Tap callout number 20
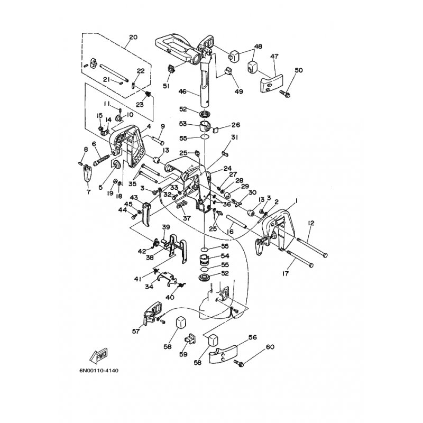click(133, 37)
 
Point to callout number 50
click(299, 70)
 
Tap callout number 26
click(236, 125)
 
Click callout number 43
click(134, 198)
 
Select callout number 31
click(235, 137)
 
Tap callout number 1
click(297, 201)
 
